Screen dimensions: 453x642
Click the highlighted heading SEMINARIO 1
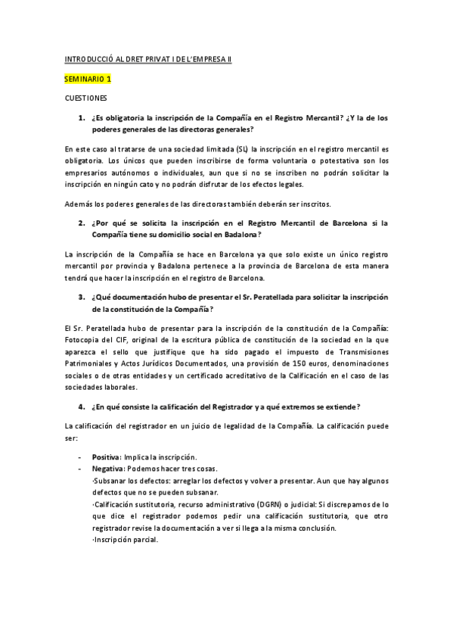(x=88, y=78)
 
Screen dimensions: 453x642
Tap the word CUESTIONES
(x=85, y=98)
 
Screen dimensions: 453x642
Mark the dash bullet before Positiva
(x=80, y=457)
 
